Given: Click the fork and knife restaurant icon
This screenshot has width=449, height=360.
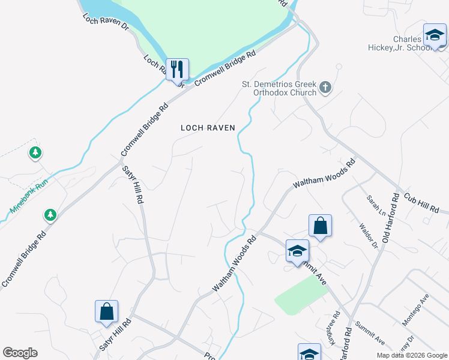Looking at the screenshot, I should (177, 69).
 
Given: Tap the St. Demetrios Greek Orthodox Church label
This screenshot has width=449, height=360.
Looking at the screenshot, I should (279, 89).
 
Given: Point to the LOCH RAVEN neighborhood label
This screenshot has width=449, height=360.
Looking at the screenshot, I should (208, 128).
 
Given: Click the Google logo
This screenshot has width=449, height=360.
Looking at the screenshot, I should (20, 353).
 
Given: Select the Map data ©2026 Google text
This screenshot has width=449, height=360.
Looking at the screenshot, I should (412, 355).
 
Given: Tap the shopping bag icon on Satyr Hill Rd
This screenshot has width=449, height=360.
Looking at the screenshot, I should (106, 312).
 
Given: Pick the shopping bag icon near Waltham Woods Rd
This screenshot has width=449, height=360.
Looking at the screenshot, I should (321, 226).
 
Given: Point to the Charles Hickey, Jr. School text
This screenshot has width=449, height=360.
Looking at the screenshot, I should (406, 44).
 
